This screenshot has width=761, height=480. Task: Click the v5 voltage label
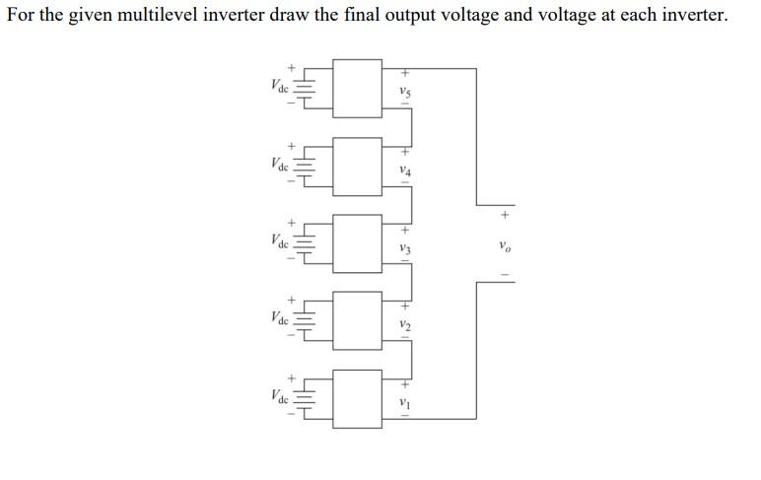[404, 93]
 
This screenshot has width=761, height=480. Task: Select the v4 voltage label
[404, 171]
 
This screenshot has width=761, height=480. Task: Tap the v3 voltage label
[404, 247]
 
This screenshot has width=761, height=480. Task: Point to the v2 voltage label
[404, 324]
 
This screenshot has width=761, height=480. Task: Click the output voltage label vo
[505, 245]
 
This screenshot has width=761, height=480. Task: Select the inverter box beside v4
[357, 166]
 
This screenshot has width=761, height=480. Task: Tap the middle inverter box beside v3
[357, 243]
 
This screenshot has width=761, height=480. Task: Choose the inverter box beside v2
[357, 320]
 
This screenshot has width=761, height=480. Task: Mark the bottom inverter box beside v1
[357, 398]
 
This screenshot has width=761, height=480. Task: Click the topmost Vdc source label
[279, 86]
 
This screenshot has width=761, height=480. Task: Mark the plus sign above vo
[505, 212]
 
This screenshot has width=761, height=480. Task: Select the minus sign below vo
[505, 275]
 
